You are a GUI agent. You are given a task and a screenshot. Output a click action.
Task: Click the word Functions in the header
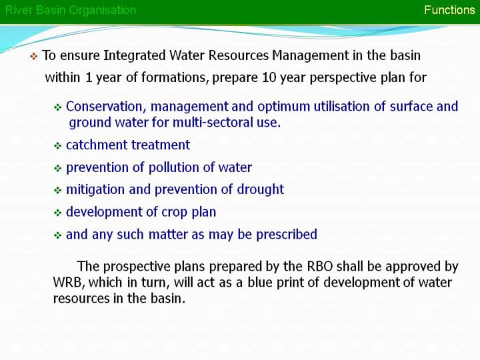point(449,10)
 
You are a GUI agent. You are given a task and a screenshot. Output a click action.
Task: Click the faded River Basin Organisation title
point(71,11)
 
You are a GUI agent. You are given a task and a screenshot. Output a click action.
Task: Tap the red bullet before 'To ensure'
point(34,56)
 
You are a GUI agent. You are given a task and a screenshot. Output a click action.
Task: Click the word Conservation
point(104,107)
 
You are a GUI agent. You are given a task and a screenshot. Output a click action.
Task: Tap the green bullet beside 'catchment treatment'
point(58,146)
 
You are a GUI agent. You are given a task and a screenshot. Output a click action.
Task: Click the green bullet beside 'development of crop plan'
point(58,213)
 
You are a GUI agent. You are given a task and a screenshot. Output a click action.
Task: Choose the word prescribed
point(287,235)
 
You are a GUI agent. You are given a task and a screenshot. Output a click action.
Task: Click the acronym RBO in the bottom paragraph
point(319,266)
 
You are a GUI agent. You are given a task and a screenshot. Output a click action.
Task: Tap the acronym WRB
point(69,283)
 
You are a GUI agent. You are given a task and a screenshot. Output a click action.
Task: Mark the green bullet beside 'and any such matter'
point(58,235)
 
